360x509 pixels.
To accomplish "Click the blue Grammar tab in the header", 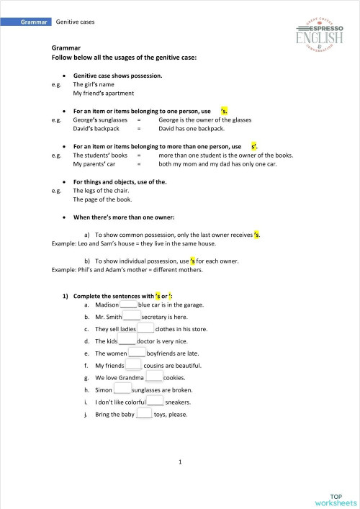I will (35, 22).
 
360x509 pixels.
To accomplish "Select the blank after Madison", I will (118, 305).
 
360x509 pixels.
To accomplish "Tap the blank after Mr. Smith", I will (131, 316).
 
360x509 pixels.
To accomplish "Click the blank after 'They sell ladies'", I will (145, 328).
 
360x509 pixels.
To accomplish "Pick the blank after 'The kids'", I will (127, 341).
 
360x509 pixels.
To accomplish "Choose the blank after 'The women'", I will (137, 353).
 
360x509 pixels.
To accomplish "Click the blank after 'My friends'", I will (134, 365).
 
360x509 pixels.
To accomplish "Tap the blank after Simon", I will (122, 389).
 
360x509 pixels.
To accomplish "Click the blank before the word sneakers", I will (155, 402).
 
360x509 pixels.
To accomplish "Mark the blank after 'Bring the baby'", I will (144, 414).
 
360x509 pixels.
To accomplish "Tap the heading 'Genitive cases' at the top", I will (75, 22).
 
